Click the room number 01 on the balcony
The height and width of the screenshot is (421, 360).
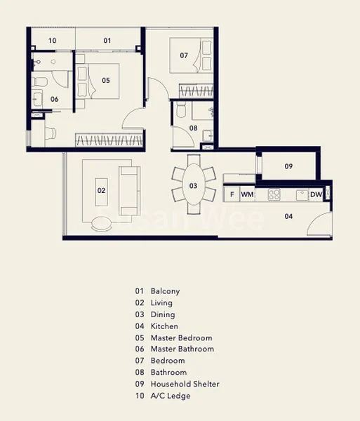[107, 41]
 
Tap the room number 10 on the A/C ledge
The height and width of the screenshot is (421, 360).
[53, 41]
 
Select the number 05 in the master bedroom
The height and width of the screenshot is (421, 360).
[106, 81]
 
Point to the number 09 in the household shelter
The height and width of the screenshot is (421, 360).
[288, 166]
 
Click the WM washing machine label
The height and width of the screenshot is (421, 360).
[247, 194]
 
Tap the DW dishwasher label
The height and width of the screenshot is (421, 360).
[316, 194]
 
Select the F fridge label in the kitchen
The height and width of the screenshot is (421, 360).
[231, 194]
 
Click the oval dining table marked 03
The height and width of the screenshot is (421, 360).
[193, 186]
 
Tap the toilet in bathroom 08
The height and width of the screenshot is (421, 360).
[181, 109]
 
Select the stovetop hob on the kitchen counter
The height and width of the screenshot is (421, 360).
[274, 194]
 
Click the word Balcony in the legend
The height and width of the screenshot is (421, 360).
[165, 290]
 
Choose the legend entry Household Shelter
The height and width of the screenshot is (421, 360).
[184, 384]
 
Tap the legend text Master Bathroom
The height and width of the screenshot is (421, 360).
[182, 349]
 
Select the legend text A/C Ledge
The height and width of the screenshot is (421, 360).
[171, 396]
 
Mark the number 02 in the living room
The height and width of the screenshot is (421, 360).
[100, 189]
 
